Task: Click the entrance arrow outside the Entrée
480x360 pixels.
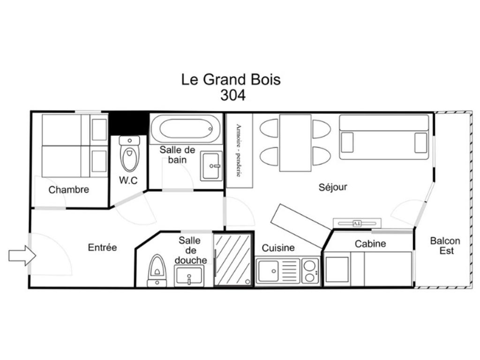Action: coord(22,255)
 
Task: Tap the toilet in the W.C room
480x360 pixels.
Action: coord(129,153)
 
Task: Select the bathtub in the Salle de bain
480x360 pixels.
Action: coord(186,128)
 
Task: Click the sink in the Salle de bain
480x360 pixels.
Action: coord(211,166)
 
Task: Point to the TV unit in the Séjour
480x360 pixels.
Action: coord(357,223)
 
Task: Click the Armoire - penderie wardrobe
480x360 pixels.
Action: coord(239,150)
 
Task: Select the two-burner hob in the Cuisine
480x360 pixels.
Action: coord(310,271)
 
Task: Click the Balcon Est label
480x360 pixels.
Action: coord(445,246)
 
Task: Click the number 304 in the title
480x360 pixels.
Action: coord(233,95)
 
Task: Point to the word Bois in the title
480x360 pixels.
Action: coord(266,79)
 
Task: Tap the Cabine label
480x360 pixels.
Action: coord(370,244)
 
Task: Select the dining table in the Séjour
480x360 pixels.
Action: coord(295,143)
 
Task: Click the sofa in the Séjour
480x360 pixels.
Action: coord(384,137)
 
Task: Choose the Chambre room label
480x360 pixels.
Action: coord(68,190)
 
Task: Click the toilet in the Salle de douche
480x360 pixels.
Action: coord(157,271)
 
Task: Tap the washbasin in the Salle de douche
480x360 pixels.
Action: coord(189,276)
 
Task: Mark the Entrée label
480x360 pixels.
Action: coord(102,247)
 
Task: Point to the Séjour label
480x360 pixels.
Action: coord(333,187)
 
